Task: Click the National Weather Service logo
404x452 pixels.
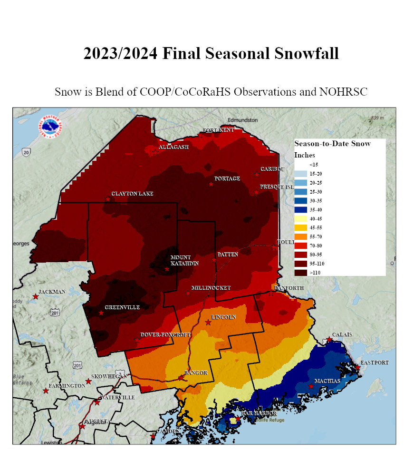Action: click(x=53, y=127)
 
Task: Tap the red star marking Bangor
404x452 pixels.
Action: click(x=181, y=378)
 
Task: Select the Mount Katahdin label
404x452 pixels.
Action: click(x=181, y=260)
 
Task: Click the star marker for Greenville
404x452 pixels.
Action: click(x=101, y=313)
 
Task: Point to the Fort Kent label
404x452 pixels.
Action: click(x=218, y=130)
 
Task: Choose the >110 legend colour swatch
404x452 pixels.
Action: click(x=300, y=273)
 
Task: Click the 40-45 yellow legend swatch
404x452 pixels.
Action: click(x=300, y=218)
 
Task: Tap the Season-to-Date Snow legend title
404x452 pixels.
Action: click(x=332, y=143)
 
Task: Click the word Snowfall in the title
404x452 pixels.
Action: click(x=307, y=53)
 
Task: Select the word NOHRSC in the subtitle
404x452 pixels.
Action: click(x=346, y=92)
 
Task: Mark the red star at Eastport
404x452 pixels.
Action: click(x=357, y=367)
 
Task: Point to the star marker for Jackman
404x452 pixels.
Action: click(x=35, y=297)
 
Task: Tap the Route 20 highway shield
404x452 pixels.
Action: click(x=26, y=152)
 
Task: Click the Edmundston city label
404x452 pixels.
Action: click(x=242, y=120)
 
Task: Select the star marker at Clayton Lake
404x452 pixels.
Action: click(x=108, y=199)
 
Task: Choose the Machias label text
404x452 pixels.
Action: click(x=327, y=381)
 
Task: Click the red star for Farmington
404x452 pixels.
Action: click(x=46, y=391)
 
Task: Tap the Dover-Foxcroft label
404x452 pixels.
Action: click(x=165, y=335)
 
